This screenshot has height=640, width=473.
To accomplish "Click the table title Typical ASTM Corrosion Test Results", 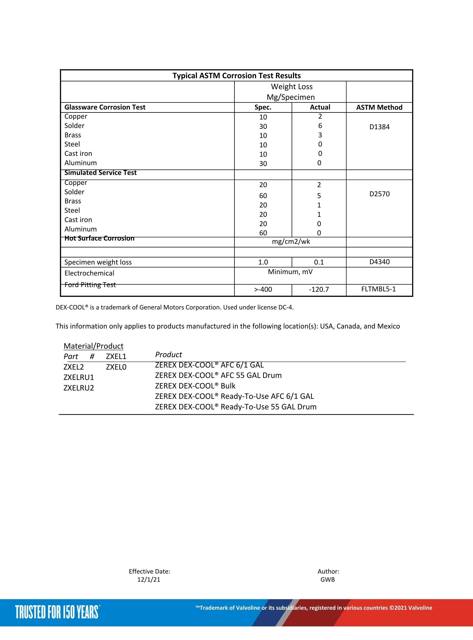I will pyautogui.click(x=237, y=76).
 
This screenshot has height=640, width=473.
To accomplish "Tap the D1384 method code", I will pyautogui.click(x=379, y=127).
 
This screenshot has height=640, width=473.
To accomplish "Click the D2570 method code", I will pyautogui.click(x=379, y=194).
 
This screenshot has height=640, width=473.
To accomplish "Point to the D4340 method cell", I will pyautogui.click(x=379, y=262).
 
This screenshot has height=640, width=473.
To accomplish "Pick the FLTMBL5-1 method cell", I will pyautogui.click(x=378, y=289).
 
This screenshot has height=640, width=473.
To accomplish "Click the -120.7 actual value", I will pyautogui.click(x=319, y=290).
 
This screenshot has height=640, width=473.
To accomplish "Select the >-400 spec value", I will pyautogui.click(x=263, y=290).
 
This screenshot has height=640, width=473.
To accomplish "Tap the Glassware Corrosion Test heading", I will pyautogui.click(x=105, y=107).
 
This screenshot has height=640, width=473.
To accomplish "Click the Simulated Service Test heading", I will pyautogui.click(x=100, y=172).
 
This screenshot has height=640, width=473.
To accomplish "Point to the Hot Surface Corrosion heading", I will pyautogui.click(x=99, y=238).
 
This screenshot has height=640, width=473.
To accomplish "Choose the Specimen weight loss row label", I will pyautogui.click(x=98, y=262).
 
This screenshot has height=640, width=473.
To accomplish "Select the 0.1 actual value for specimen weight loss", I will pyautogui.click(x=319, y=262).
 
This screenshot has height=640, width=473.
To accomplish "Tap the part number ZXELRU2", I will pyautogui.click(x=79, y=388).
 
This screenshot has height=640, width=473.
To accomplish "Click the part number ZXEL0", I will pyautogui.click(x=116, y=367).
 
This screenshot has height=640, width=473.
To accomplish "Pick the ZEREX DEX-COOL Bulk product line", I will pyautogui.click(x=195, y=386).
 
